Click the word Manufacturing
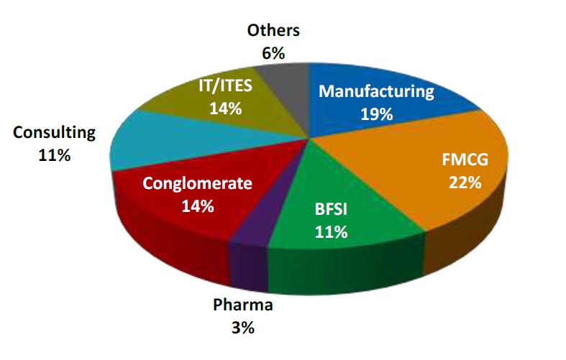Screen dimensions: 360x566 click(x=377, y=91)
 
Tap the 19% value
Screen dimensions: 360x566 click(x=377, y=114)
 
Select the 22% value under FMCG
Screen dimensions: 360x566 click(x=463, y=182)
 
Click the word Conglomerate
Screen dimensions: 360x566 click(x=197, y=183)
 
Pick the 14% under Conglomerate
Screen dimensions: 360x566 click(x=197, y=206)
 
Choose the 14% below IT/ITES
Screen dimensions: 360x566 click(x=225, y=109)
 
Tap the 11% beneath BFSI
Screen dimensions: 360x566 click(x=331, y=231)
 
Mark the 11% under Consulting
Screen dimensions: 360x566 click(x=54, y=154)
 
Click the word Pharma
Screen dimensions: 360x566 click(x=243, y=305)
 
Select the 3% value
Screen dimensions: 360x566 click(x=243, y=328)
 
